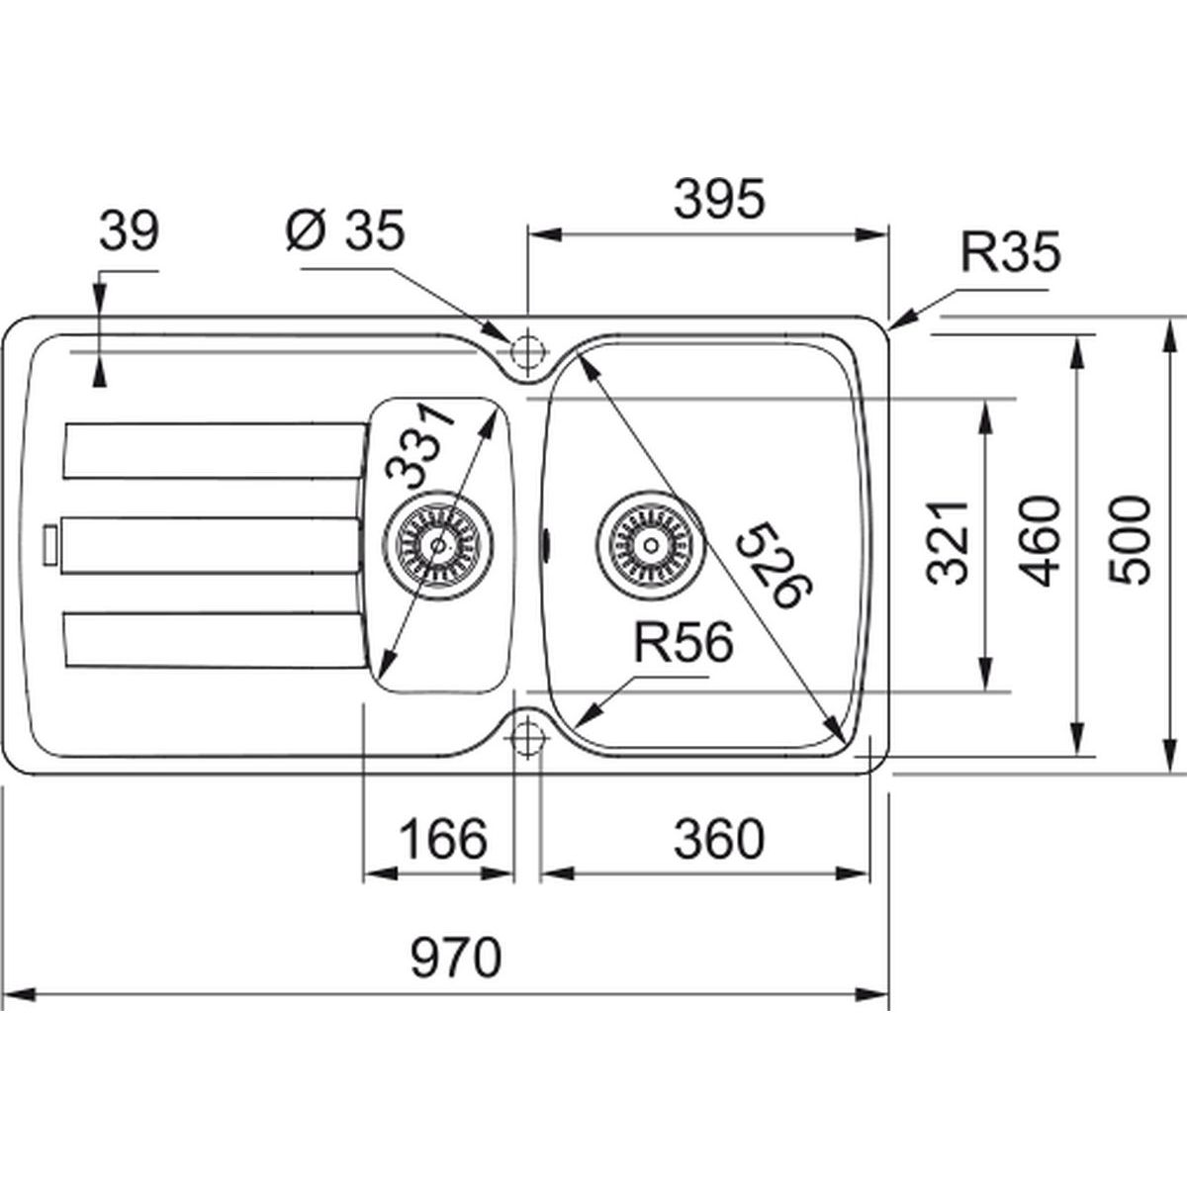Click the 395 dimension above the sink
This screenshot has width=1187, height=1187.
tap(718, 200)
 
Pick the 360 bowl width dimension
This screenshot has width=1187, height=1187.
tap(718, 840)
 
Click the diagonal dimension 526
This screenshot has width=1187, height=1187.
tap(776, 566)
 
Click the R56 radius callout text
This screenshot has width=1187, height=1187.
tap(683, 645)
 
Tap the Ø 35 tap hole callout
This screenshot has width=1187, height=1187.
tap(343, 231)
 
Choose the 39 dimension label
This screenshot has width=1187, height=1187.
tap(129, 232)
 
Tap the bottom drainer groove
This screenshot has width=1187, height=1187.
tap(213, 638)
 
